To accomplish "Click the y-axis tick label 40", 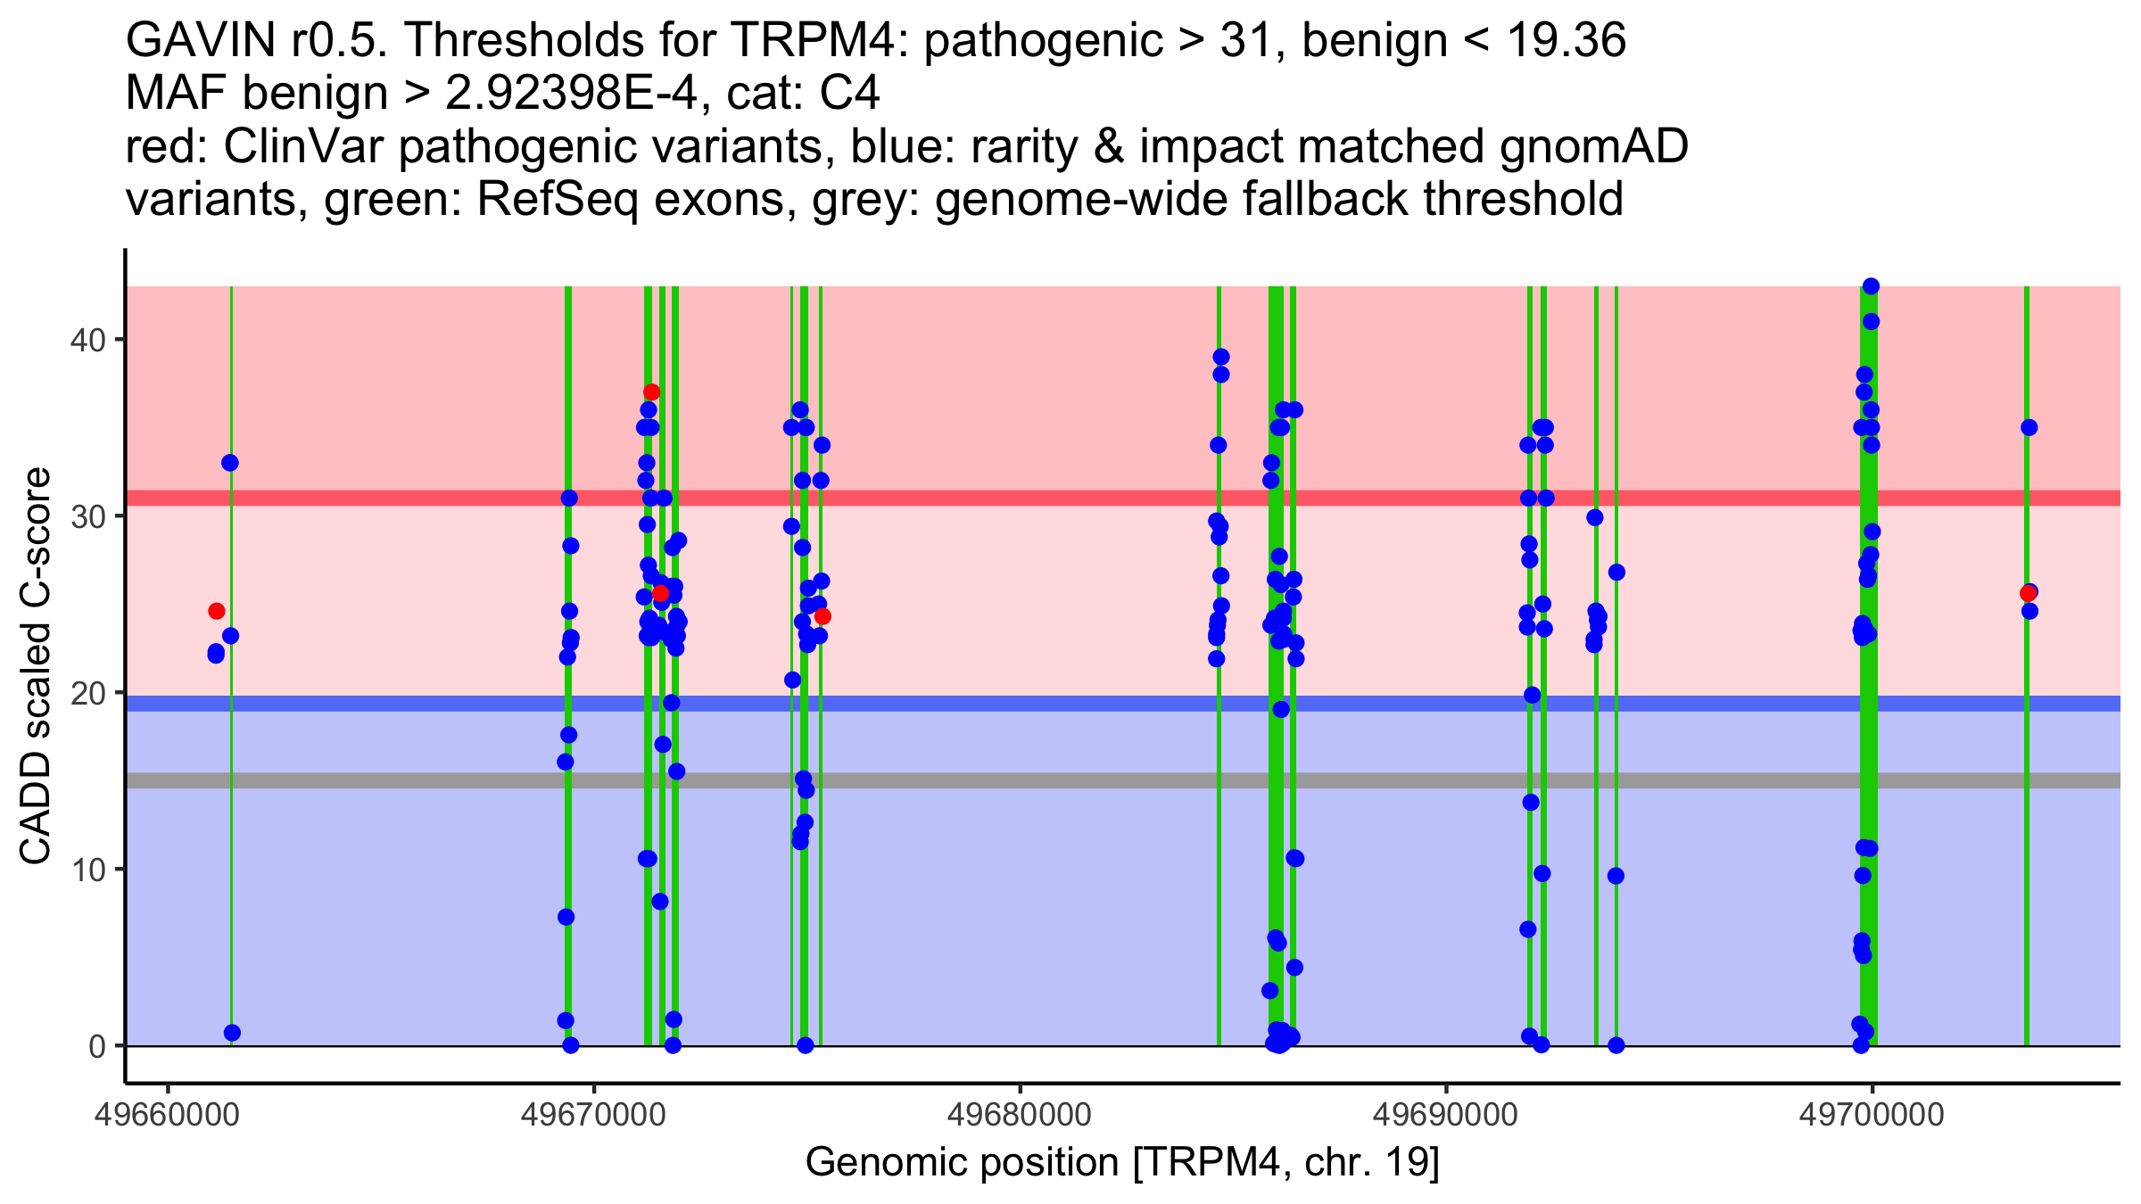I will pyautogui.click(x=87, y=340).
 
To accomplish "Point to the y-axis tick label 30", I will pyautogui.click(x=87, y=516).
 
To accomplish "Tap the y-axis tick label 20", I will pyautogui.click(x=87, y=693).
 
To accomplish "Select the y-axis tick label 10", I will pyautogui.click(x=87, y=870).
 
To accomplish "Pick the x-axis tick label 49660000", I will pyautogui.click(x=168, y=1115).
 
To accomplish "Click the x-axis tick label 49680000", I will pyautogui.click(x=1020, y=1115).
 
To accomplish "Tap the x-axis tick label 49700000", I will pyautogui.click(x=1872, y=1115).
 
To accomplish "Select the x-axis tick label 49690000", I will pyautogui.click(x=1446, y=1115).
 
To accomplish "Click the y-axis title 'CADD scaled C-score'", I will pyautogui.click(x=36, y=667).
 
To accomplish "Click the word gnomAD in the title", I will pyautogui.click(x=1593, y=146).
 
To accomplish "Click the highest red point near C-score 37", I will pyautogui.click(x=651, y=392).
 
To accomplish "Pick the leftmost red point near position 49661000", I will pyautogui.click(x=217, y=611).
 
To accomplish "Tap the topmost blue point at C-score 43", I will pyautogui.click(x=1871, y=286).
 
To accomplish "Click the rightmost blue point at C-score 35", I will pyautogui.click(x=2029, y=427).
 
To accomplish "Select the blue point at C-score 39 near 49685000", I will pyautogui.click(x=1221, y=357).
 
